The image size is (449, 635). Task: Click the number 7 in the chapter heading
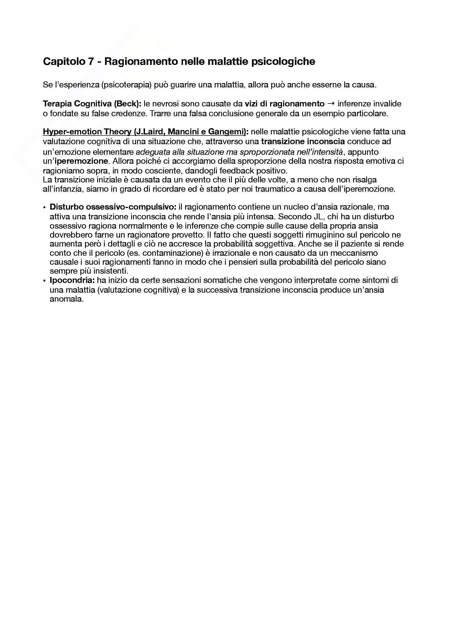pos(91,61)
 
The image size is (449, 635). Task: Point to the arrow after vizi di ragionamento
pos(331,104)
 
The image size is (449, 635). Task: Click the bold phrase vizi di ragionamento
pos(284,104)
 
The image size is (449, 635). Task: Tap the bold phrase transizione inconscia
pos(303,142)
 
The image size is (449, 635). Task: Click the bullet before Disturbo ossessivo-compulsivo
pos(45,207)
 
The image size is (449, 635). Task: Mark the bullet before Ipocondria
pos(45,281)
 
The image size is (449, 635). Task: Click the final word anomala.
pos(66,299)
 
